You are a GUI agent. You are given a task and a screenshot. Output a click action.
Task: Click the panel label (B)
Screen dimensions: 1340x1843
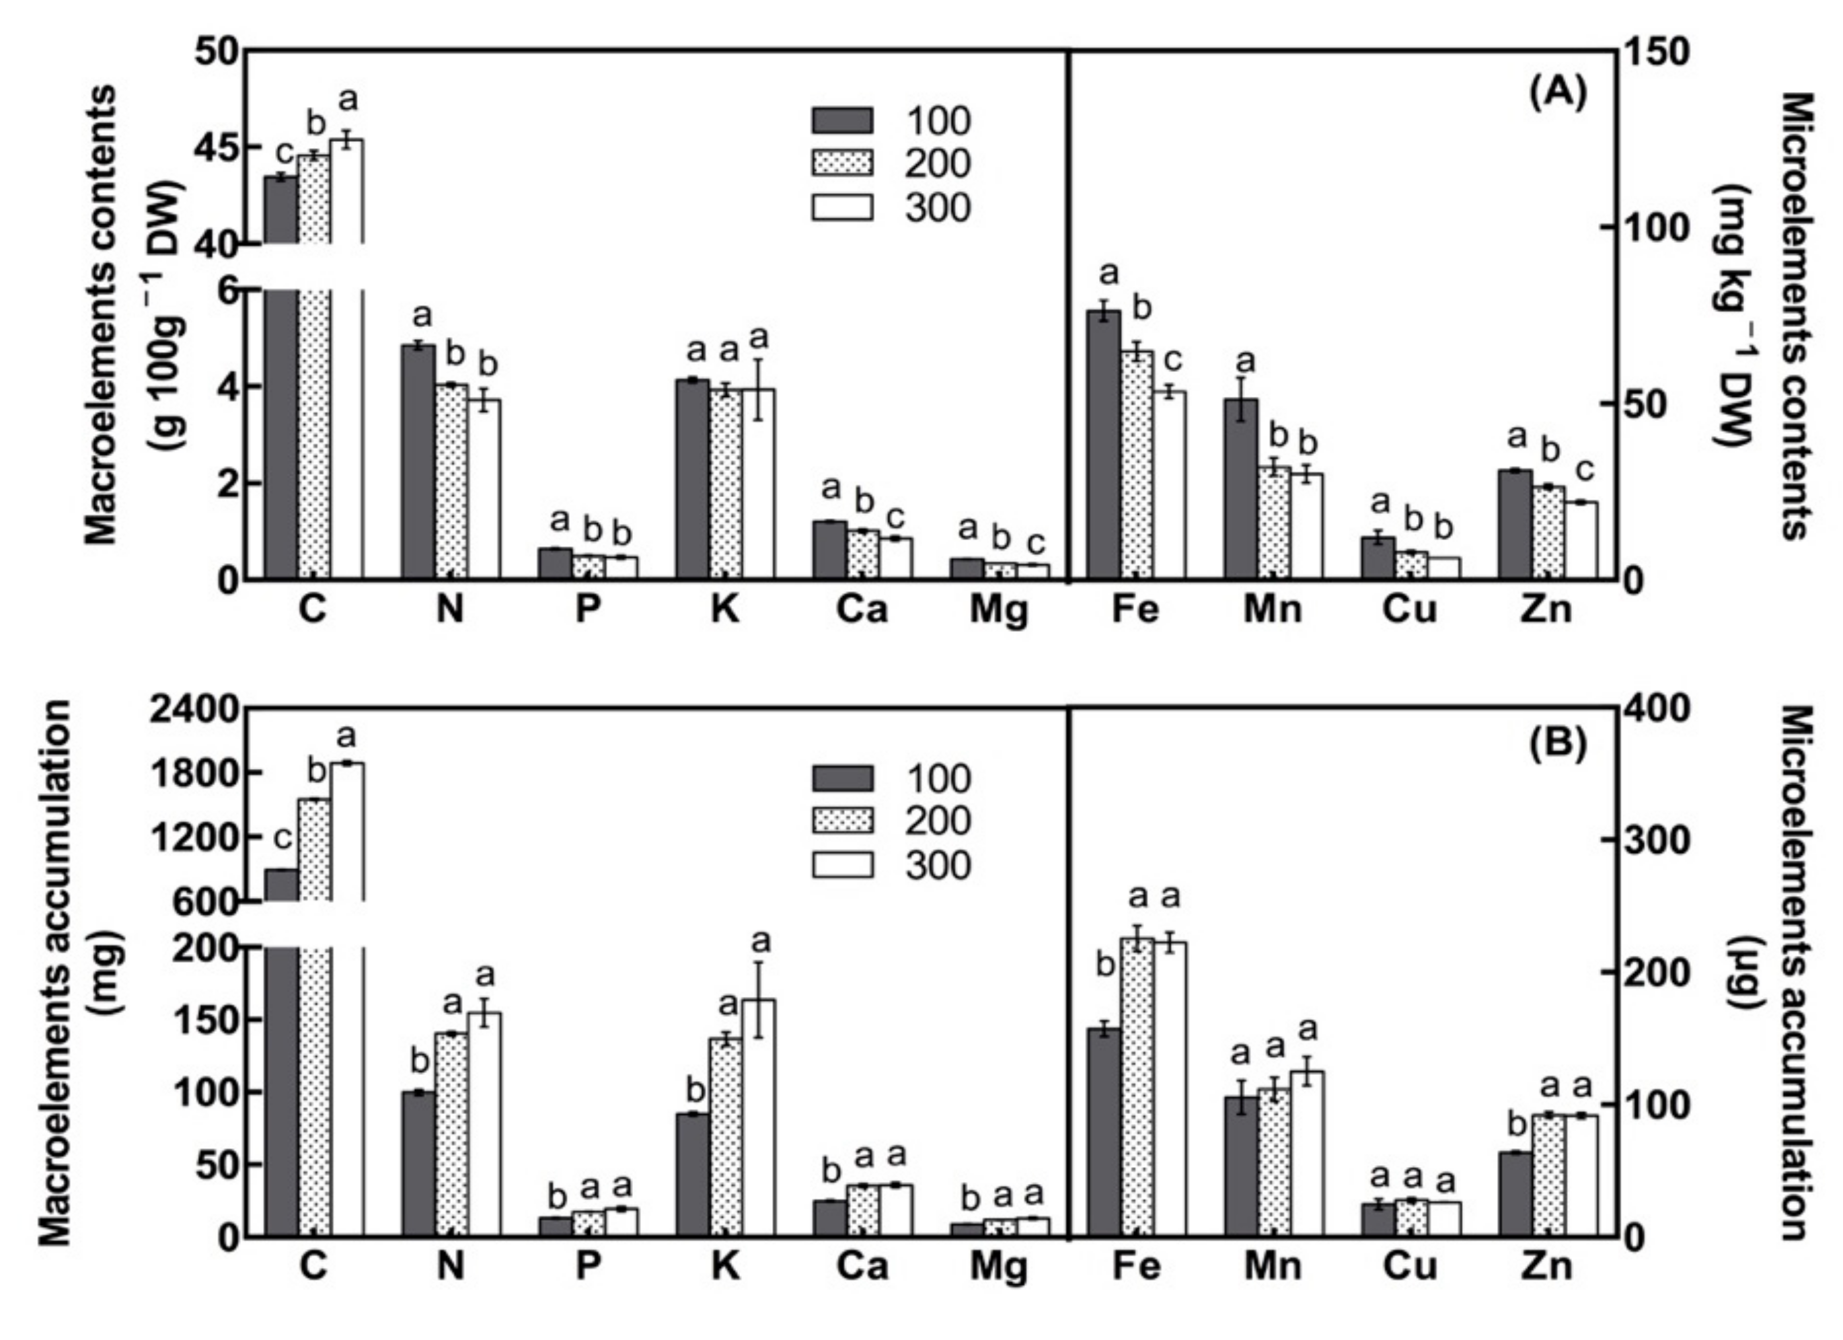point(1557,745)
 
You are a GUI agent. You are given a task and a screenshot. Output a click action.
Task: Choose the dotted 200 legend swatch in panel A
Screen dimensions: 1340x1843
point(843,163)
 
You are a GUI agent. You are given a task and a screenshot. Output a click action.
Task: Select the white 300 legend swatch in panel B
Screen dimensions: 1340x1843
point(843,864)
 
